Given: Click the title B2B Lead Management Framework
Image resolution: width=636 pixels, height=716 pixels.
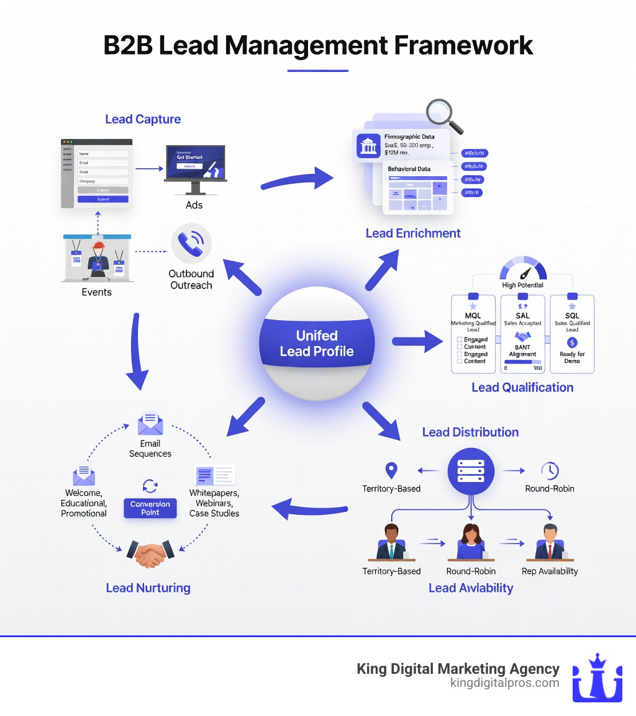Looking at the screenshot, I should [x=317, y=47].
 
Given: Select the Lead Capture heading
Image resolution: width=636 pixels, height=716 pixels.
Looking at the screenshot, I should [x=143, y=119].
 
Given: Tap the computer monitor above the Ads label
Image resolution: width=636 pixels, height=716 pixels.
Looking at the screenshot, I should [x=195, y=164].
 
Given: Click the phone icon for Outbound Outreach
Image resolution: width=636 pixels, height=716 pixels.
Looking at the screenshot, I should [x=191, y=244].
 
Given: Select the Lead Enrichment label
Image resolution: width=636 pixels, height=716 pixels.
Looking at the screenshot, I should [x=413, y=233].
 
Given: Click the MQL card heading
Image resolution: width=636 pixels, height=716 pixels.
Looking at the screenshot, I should [x=473, y=315].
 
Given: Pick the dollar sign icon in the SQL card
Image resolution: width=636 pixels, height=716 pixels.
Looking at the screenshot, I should [x=572, y=342].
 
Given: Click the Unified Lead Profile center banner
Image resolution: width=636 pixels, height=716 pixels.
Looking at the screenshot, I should [x=317, y=344].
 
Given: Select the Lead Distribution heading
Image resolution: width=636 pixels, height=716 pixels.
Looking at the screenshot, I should [x=470, y=432].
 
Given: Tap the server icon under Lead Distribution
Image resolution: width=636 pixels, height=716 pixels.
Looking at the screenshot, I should [x=471, y=471].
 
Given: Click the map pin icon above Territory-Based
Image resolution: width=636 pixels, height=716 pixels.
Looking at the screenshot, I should [x=391, y=471].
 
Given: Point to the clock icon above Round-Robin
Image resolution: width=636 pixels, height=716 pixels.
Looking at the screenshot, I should [x=549, y=471].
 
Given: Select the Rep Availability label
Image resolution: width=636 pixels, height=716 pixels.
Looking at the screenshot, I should [x=550, y=571].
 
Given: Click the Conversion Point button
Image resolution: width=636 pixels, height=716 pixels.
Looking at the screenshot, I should [x=150, y=508].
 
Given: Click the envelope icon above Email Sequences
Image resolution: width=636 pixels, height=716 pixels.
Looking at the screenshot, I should [x=150, y=425].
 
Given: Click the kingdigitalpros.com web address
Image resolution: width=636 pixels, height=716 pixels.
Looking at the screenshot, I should [x=504, y=683].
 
